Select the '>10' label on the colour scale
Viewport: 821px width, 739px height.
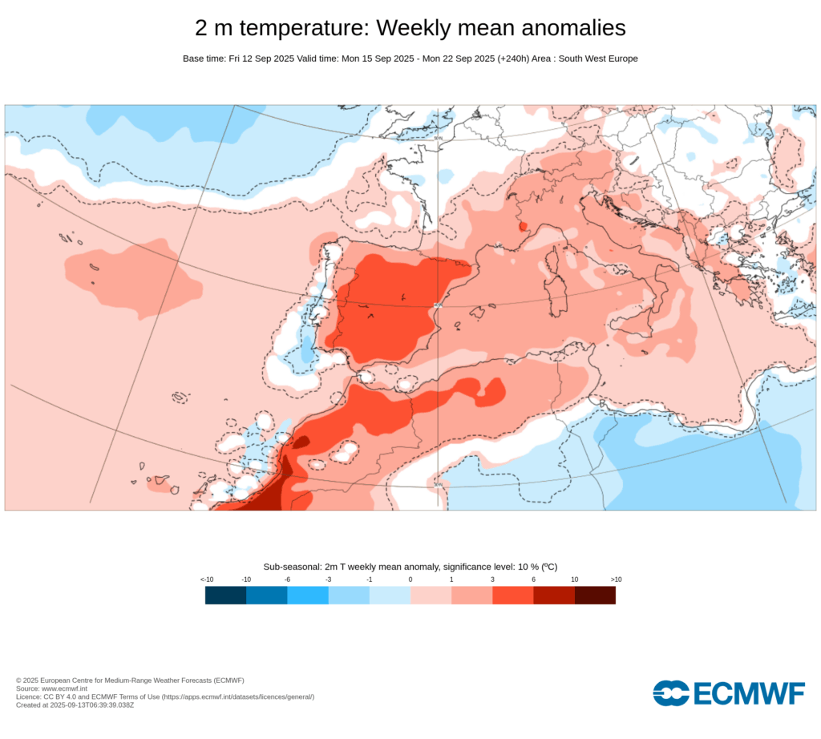pyautogui.click(x=616, y=579)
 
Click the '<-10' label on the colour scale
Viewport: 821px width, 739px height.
pyautogui.click(x=206, y=579)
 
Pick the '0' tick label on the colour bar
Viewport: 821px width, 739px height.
pyautogui.click(x=410, y=579)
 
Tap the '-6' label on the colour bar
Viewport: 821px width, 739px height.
pyautogui.click(x=287, y=579)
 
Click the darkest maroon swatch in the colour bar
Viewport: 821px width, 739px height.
pyautogui.click(x=595, y=595)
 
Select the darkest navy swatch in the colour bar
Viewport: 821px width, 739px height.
pyautogui.click(x=225, y=595)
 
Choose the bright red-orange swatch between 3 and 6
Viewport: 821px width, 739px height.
pyautogui.click(x=512, y=595)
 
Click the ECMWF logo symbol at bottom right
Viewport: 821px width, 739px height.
pyautogui.click(x=671, y=693)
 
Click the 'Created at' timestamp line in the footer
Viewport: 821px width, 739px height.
pyautogui.click(x=75, y=705)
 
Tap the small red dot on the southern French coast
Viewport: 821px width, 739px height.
pyautogui.click(x=523, y=227)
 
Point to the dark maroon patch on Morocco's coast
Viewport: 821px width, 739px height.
pyautogui.click(x=301, y=441)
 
